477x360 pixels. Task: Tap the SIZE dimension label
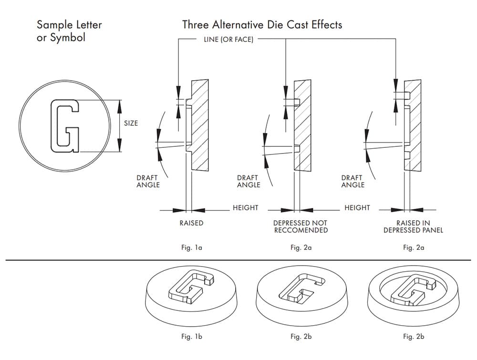pyautogui.click(x=131, y=123)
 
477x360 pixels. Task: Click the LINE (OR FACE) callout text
pyautogui.click(x=228, y=40)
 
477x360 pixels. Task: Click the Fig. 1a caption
pyautogui.click(x=191, y=247)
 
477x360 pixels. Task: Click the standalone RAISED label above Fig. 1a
pyautogui.click(x=191, y=223)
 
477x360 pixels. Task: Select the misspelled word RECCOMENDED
pyautogui.click(x=301, y=230)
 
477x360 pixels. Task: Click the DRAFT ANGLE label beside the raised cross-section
pyautogui.click(x=148, y=181)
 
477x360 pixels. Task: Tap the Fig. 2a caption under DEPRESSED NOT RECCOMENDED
pyautogui.click(x=301, y=247)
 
